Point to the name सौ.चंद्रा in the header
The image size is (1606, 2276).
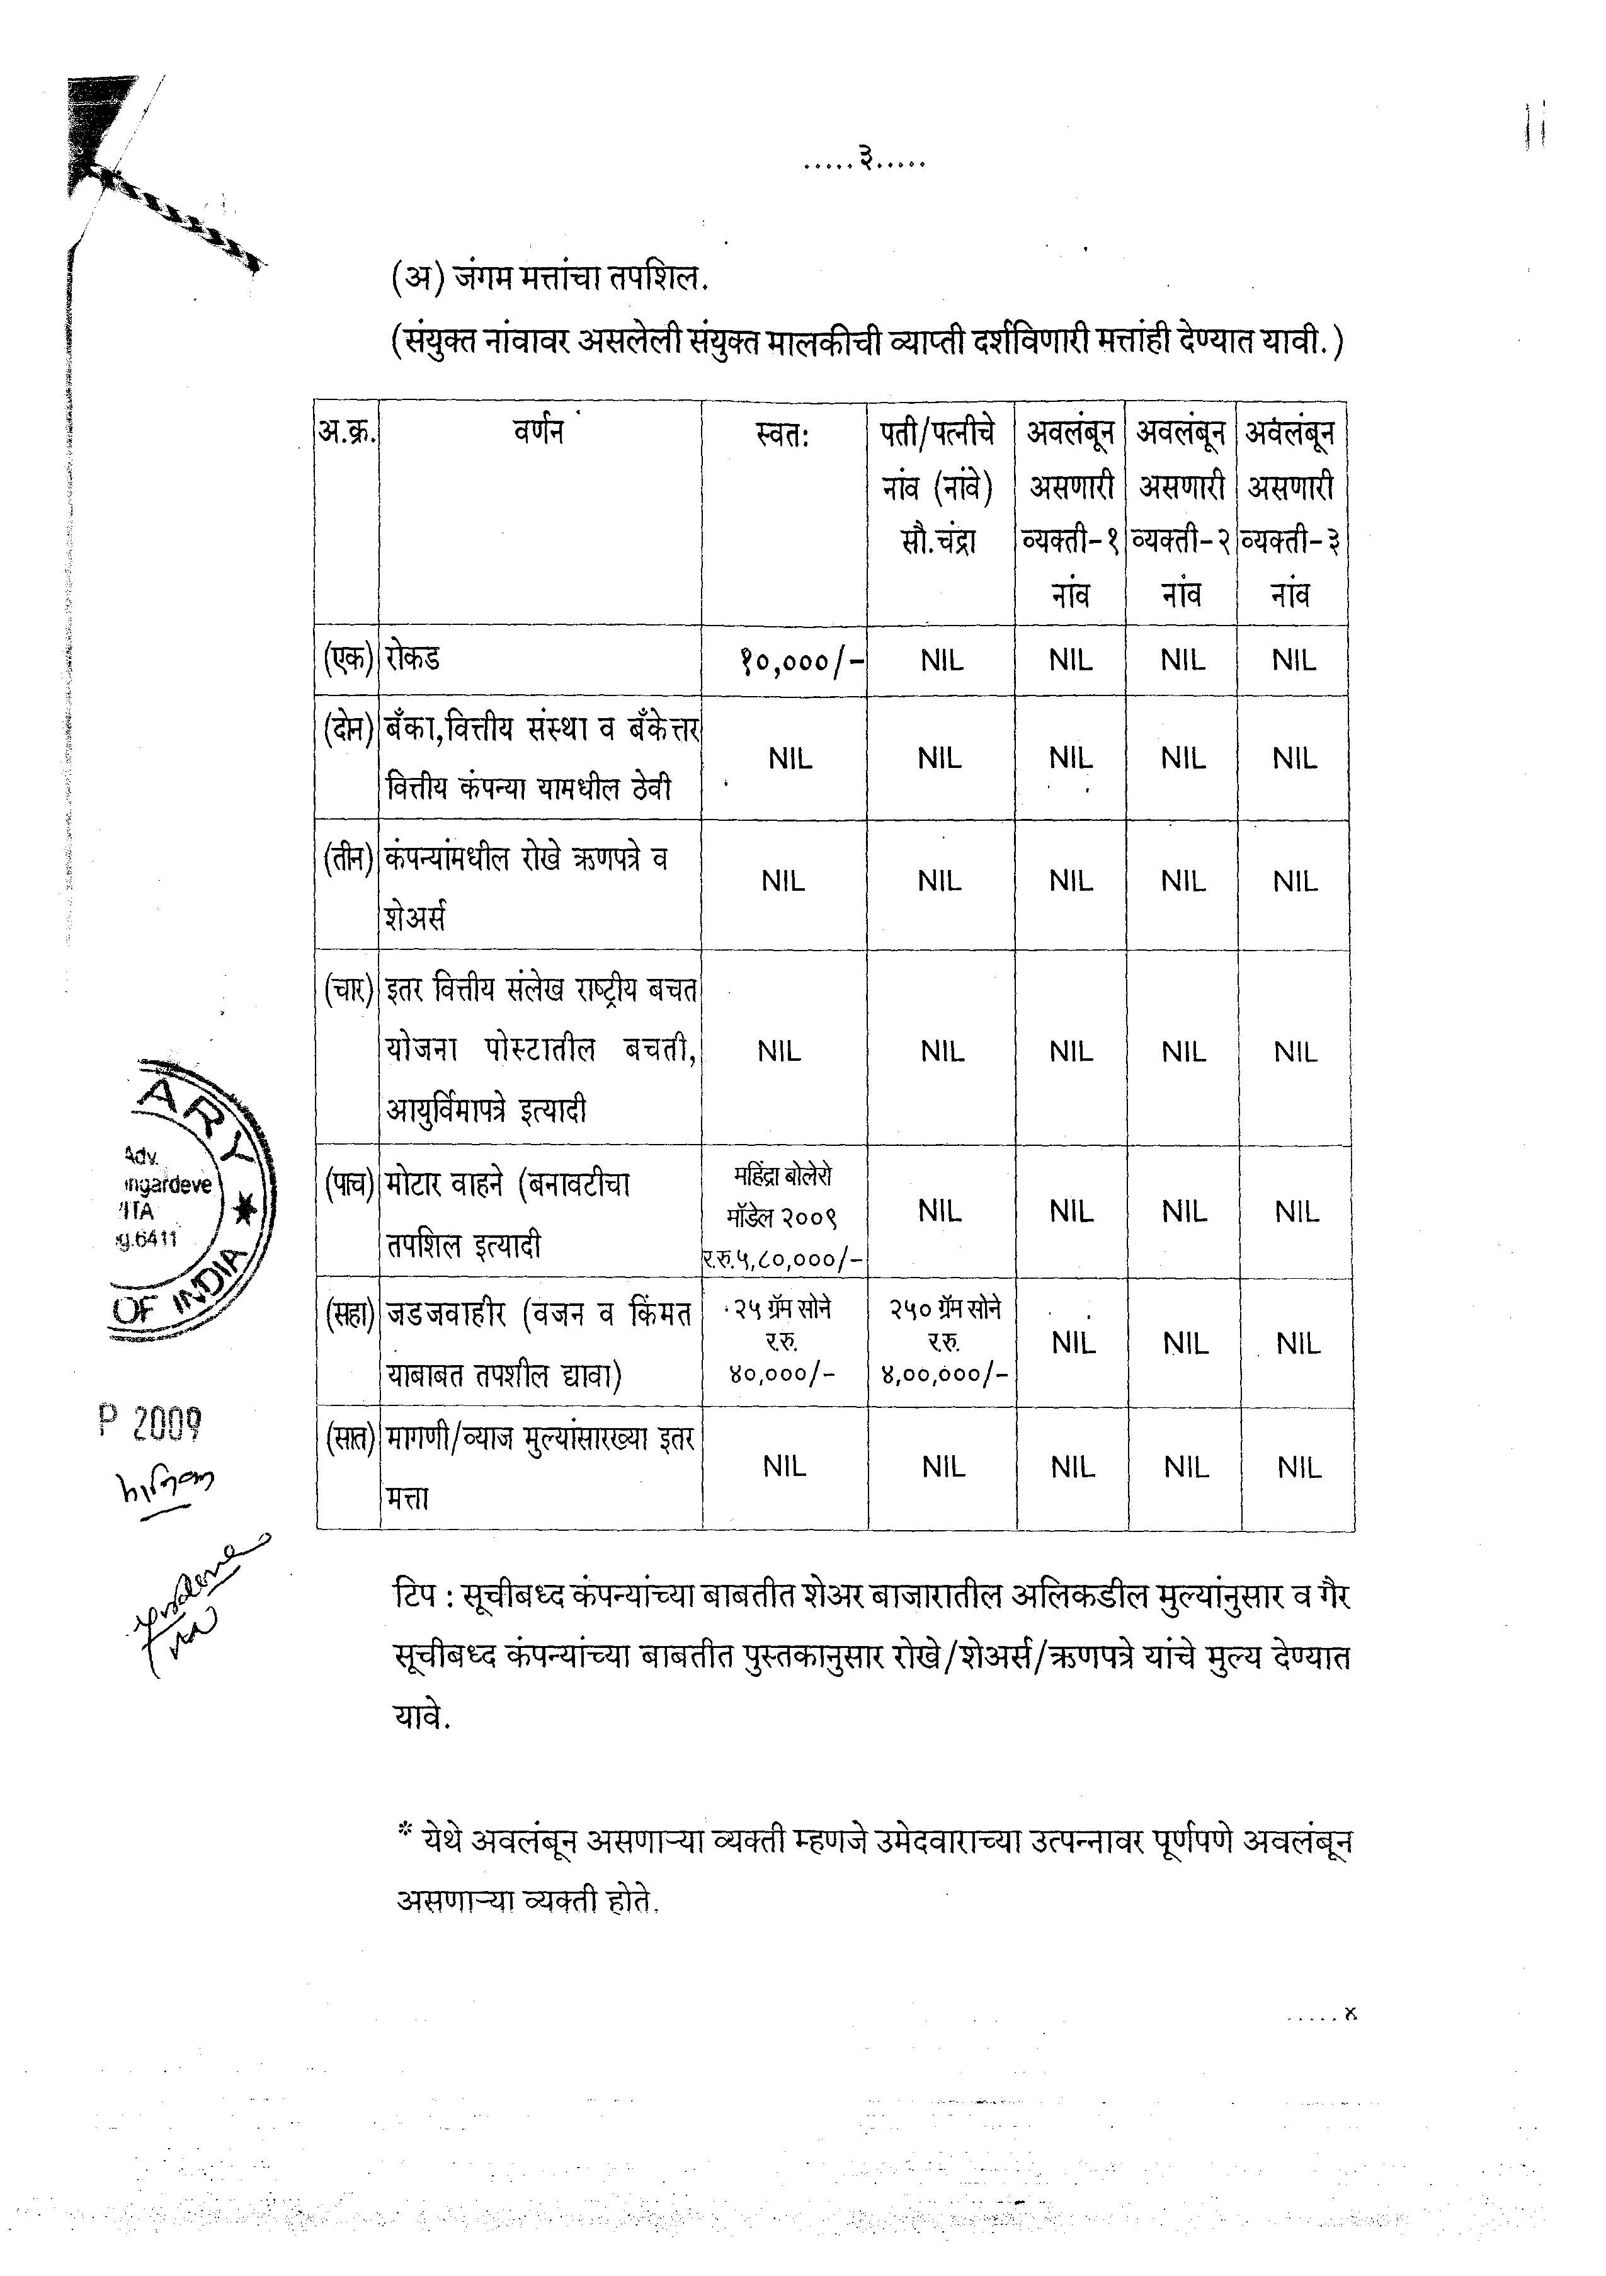point(939,541)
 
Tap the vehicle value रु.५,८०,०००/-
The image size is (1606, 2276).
point(783,1259)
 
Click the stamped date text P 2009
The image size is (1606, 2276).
point(151,1424)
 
